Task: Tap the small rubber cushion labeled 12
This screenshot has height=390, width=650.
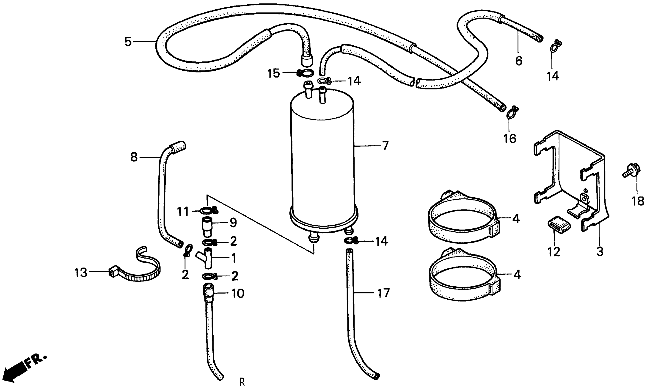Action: coord(559,224)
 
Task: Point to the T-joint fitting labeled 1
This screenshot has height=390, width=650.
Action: coord(206,258)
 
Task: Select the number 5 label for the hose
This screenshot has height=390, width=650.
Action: coord(128,42)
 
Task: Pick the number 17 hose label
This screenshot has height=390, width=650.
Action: coord(383,293)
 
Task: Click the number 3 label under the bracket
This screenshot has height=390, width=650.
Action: coord(600,251)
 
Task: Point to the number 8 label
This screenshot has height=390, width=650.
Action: coord(134,157)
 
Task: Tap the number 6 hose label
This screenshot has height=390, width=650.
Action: coord(519,61)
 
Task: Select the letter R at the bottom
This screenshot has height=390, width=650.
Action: coord(242,382)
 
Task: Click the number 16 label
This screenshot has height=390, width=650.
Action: coord(510,139)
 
